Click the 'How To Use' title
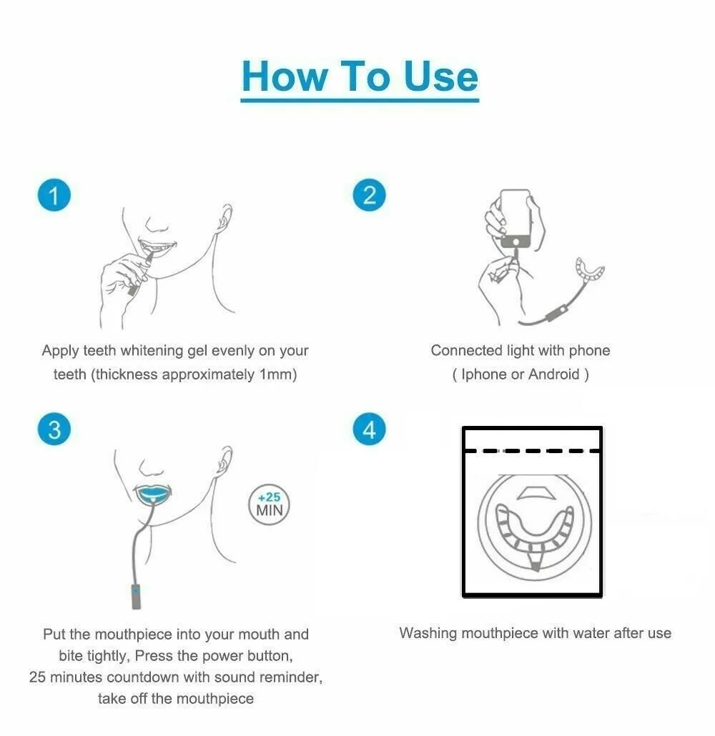click(360, 76)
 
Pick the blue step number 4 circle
click(369, 429)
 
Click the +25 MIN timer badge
click(270, 504)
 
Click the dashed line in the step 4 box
click(532, 451)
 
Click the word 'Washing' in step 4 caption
click(428, 633)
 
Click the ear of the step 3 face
click(227, 457)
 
